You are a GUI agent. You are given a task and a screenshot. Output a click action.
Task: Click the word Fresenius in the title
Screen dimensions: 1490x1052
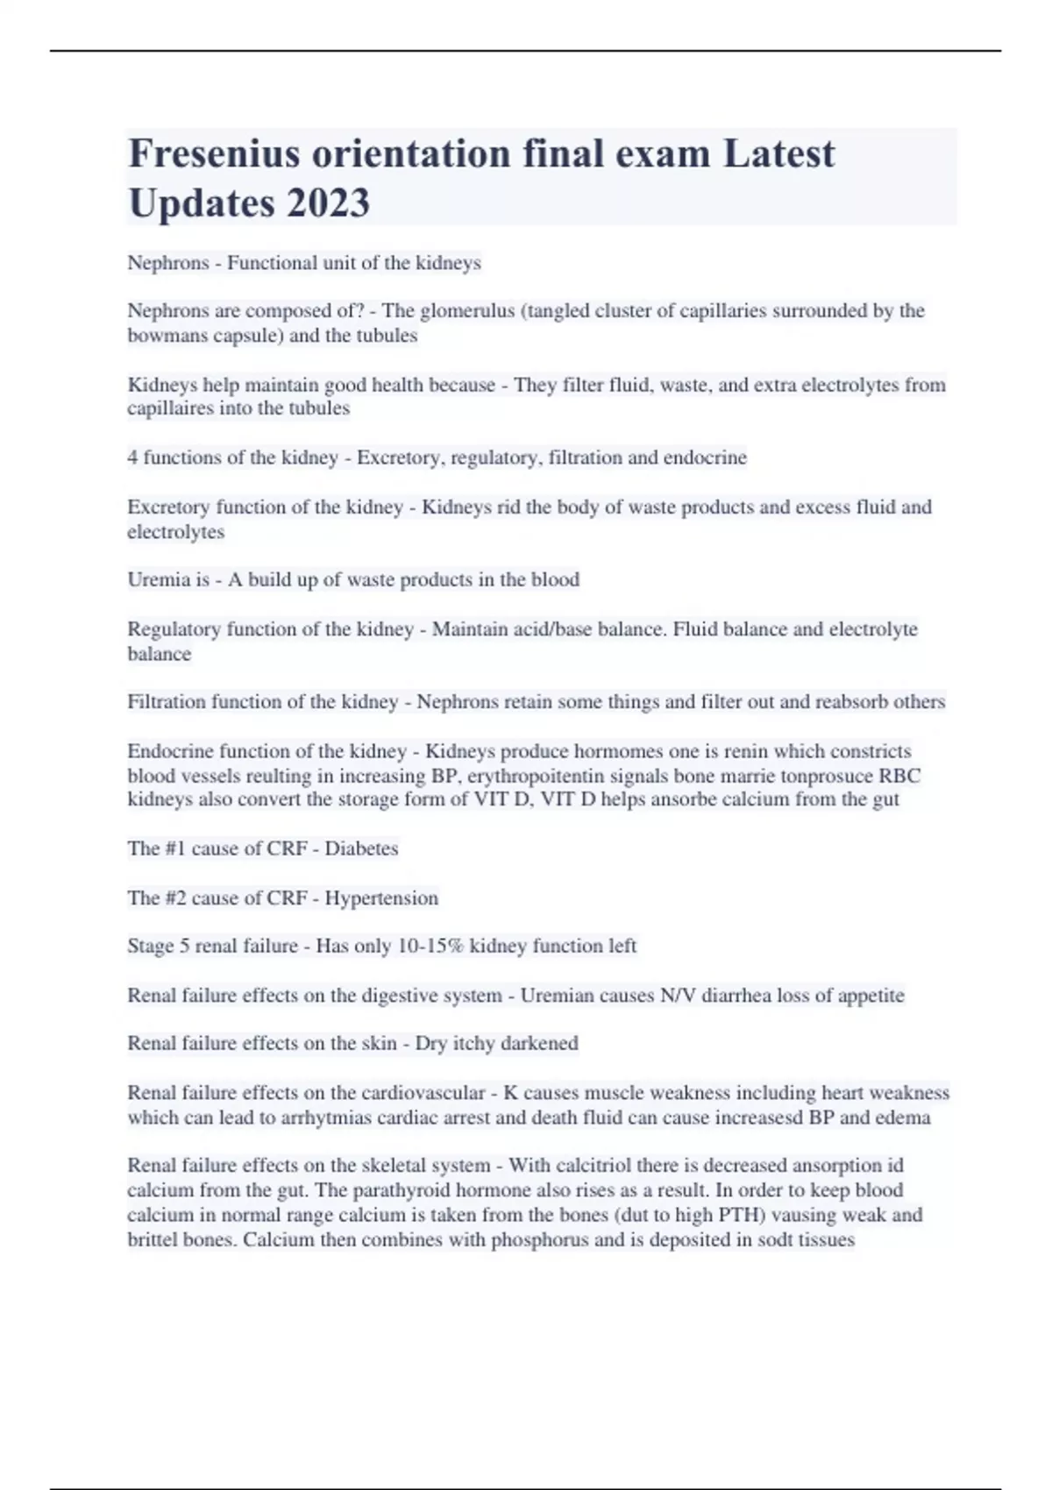click(x=216, y=154)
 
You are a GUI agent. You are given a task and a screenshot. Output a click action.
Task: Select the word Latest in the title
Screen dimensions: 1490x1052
click(x=778, y=154)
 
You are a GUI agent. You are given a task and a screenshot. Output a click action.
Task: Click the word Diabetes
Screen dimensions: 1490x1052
click(x=361, y=848)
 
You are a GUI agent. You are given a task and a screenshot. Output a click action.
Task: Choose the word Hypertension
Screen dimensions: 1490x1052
click(x=381, y=898)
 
